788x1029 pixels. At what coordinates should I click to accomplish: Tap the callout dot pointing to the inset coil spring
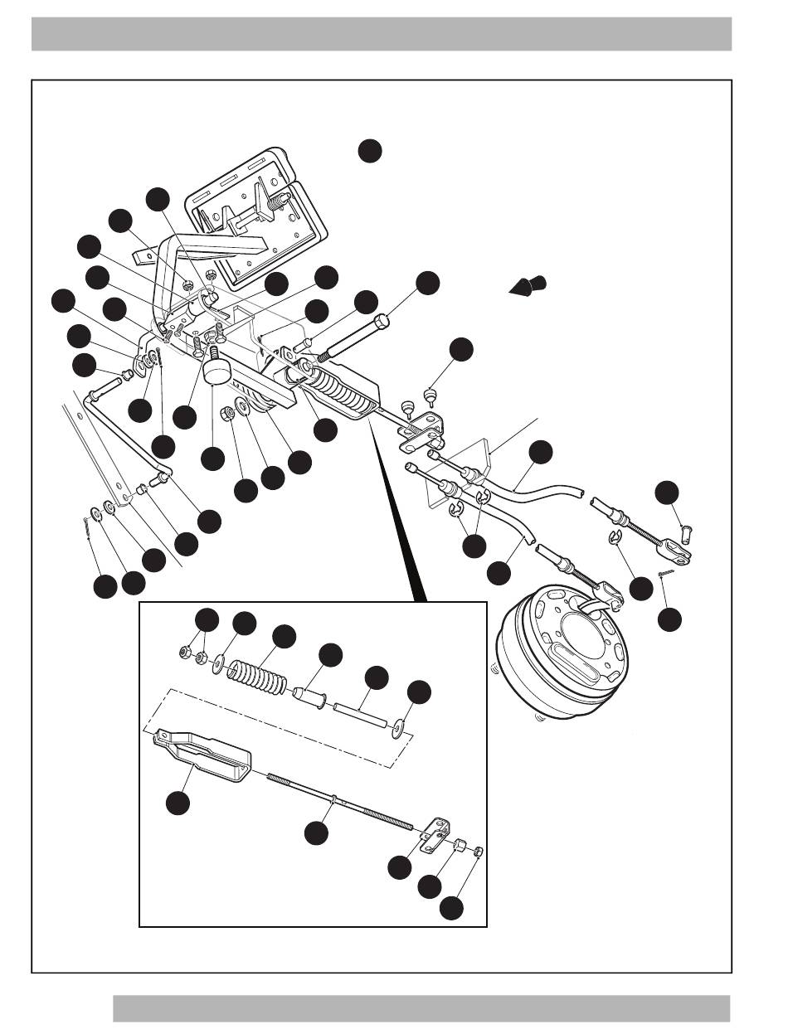[x=284, y=636]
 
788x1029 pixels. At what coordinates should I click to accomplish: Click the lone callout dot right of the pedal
[x=370, y=151]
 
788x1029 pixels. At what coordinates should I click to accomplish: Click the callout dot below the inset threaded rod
[x=315, y=833]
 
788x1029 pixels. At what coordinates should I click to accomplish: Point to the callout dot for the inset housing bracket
[x=177, y=802]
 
